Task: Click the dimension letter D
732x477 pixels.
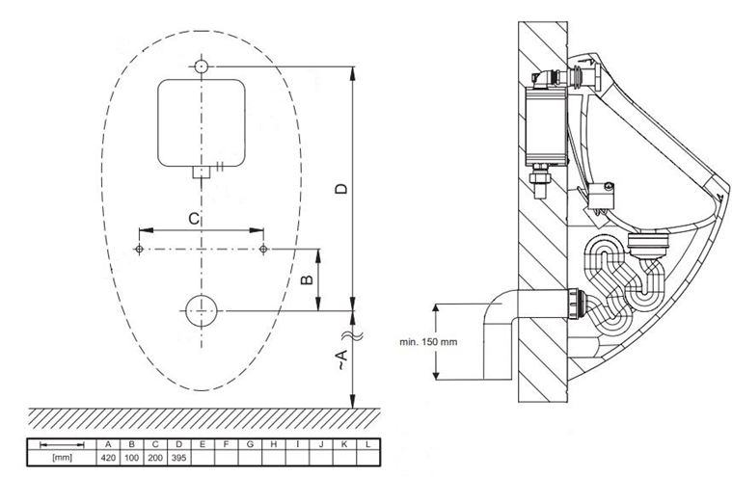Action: coord(342,188)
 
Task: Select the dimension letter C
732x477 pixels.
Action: coord(193,218)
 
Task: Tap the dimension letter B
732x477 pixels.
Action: coord(307,279)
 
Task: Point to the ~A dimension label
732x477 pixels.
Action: coord(342,359)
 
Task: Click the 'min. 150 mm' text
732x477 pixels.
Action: coord(428,342)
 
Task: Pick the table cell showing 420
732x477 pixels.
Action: coord(108,458)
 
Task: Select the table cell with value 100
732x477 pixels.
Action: coord(132,458)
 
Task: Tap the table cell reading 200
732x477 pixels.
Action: coord(155,458)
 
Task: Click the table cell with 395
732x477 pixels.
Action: coord(178,458)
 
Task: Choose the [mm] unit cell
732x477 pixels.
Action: coord(62,458)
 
